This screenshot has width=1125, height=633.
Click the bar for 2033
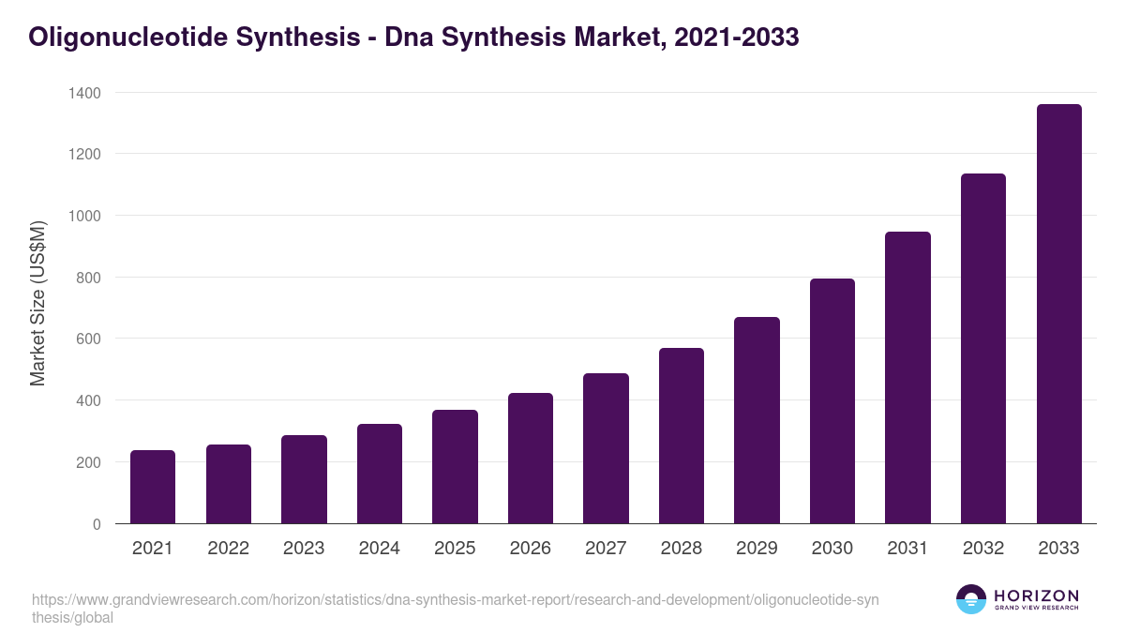tap(1058, 314)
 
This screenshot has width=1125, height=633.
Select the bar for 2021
tap(153, 487)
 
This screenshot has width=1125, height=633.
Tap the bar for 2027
tap(606, 448)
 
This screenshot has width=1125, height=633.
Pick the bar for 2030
tap(832, 401)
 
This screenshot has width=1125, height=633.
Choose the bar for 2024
tap(380, 474)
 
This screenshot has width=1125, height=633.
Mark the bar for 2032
tap(983, 349)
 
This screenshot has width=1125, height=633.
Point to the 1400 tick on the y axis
tap(84, 93)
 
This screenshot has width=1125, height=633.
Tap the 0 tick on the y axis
tap(97, 524)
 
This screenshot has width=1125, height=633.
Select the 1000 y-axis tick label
tap(84, 216)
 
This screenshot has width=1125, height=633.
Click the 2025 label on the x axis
tap(455, 549)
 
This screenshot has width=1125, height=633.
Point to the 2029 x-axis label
tap(757, 549)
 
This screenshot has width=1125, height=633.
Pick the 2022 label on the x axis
tap(228, 549)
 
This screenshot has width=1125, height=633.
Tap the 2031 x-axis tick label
tap(907, 549)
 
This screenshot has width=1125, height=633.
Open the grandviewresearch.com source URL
tap(455, 609)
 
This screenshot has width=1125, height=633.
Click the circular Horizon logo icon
tap(970, 599)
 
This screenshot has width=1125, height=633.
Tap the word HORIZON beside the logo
tap(1036, 595)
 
